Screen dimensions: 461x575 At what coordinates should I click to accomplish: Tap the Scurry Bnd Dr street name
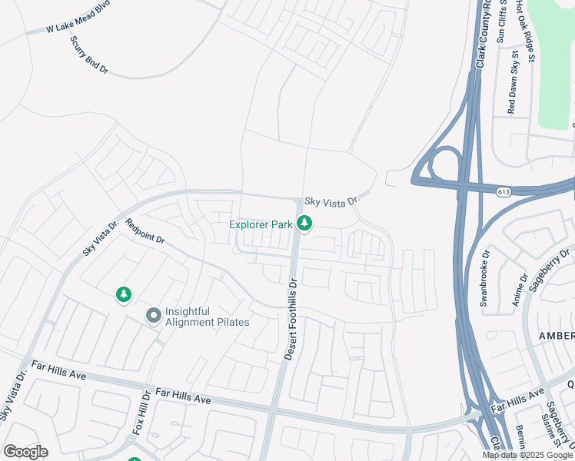88,55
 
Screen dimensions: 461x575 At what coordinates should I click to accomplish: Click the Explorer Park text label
262,224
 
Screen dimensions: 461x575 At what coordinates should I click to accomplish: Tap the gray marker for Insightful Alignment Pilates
153,315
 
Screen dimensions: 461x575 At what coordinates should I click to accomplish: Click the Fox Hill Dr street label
141,413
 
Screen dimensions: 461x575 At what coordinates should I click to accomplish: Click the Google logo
25,451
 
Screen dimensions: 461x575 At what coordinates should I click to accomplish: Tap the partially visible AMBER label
556,336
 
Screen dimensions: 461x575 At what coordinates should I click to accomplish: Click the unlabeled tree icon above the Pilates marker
123,294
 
